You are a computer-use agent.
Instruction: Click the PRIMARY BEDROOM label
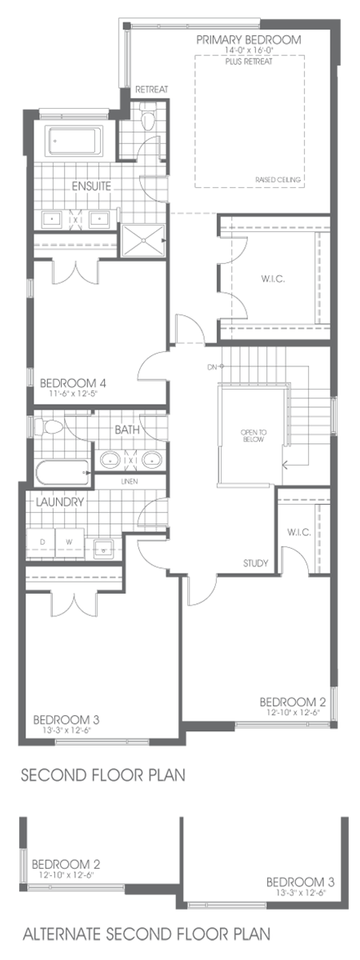(x=250, y=39)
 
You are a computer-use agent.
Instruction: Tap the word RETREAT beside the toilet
(x=151, y=90)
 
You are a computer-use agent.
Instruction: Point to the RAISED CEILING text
(x=278, y=180)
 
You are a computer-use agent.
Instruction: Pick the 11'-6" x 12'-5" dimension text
(x=72, y=394)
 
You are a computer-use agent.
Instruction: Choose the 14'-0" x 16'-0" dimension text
(x=250, y=50)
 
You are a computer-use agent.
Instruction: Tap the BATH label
(x=127, y=430)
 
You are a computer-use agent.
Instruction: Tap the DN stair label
(x=210, y=368)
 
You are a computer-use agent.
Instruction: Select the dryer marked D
(x=42, y=542)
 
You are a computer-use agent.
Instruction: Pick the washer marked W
(x=69, y=542)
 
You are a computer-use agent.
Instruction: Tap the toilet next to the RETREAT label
(x=146, y=120)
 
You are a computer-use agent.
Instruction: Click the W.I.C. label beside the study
(x=293, y=532)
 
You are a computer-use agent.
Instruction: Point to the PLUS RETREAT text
(x=250, y=61)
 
